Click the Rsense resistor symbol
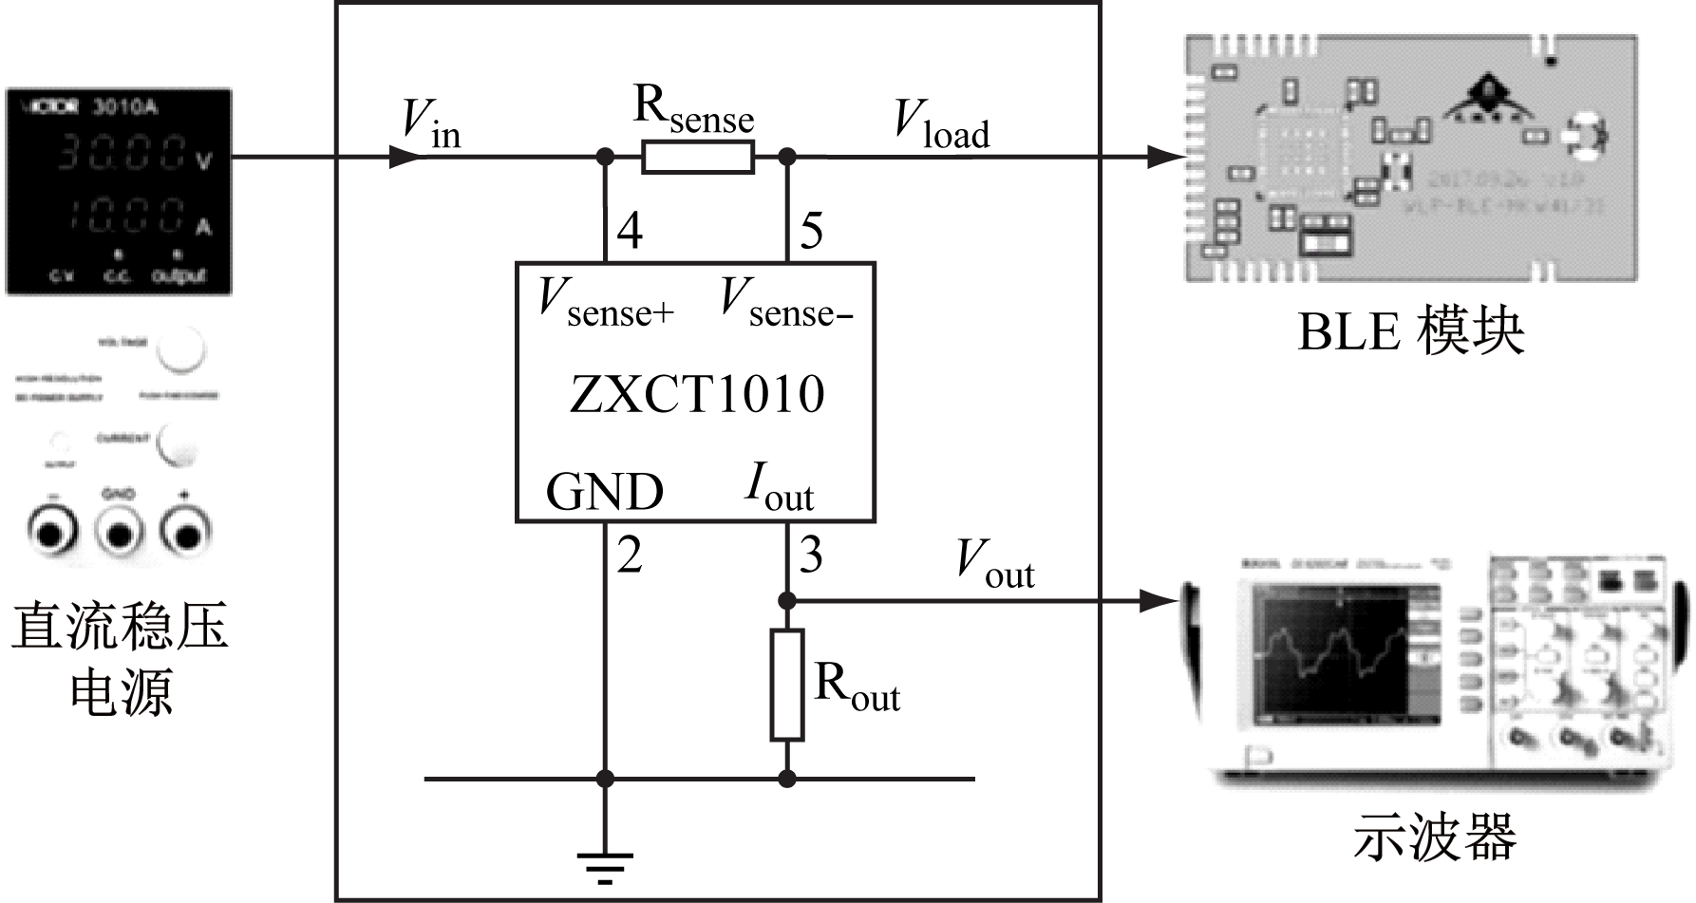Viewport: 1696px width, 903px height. click(698, 157)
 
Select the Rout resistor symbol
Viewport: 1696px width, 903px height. click(786, 684)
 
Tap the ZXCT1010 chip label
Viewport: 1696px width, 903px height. click(696, 394)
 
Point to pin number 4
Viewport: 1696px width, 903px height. click(630, 231)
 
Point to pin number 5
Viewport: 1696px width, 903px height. click(811, 231)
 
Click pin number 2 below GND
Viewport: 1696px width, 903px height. click(629, 555)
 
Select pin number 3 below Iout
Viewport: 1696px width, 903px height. click(810, 555)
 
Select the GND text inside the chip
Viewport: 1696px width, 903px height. click(604, 492)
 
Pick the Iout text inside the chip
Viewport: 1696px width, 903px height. click(779, 489)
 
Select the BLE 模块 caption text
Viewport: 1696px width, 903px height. click(1410, 333)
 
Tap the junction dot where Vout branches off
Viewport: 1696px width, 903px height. click(786, 600)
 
